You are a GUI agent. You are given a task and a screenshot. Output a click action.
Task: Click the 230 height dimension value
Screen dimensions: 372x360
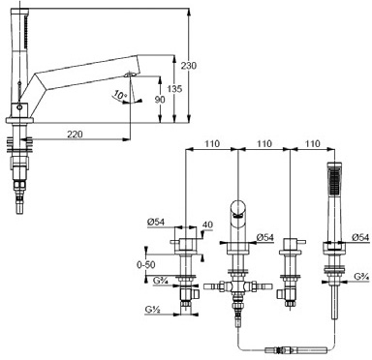188,66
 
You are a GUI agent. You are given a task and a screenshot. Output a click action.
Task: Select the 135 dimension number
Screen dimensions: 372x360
174,89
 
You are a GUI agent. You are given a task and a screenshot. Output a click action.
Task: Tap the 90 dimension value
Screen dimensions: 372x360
160,100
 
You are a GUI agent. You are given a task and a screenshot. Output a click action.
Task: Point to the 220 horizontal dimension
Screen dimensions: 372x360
75,134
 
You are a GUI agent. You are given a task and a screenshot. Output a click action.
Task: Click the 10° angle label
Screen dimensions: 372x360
120,95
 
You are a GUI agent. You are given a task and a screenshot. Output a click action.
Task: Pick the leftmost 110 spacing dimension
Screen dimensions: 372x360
211,143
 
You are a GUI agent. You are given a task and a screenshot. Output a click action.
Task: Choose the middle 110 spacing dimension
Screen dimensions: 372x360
264,143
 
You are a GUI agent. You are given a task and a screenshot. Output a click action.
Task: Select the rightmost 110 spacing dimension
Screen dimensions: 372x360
312,143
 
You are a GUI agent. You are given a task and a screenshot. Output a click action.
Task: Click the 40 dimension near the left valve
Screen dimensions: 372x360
207,225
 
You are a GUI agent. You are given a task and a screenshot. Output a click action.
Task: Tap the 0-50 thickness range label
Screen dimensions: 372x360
146,265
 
